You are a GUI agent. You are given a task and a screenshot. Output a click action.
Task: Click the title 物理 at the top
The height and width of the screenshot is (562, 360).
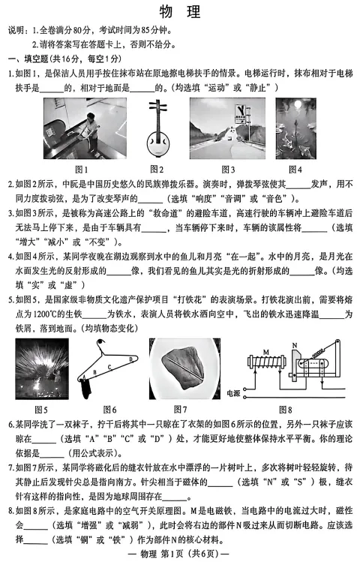click(x=180, y=11)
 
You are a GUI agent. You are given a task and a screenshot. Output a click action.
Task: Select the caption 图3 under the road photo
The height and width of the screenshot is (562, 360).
click(x=227, y=169)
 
